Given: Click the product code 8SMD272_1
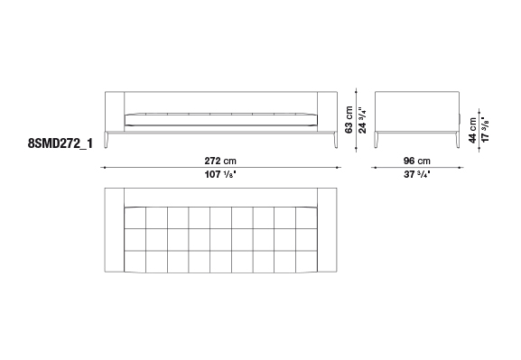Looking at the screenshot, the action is (60, 143).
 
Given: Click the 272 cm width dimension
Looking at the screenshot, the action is (220, 162).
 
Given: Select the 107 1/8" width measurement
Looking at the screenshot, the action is (220, 174).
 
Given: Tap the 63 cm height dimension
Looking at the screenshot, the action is (349, 120).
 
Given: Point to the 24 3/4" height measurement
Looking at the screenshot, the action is (362, 120).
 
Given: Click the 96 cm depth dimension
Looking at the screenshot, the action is (416, 162).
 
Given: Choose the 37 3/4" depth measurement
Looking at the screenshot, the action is (416, 174).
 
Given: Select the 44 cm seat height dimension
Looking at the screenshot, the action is (472, 130).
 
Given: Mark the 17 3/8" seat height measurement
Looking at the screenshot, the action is (485, 130).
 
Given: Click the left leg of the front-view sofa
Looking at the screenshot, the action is (107, 140).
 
